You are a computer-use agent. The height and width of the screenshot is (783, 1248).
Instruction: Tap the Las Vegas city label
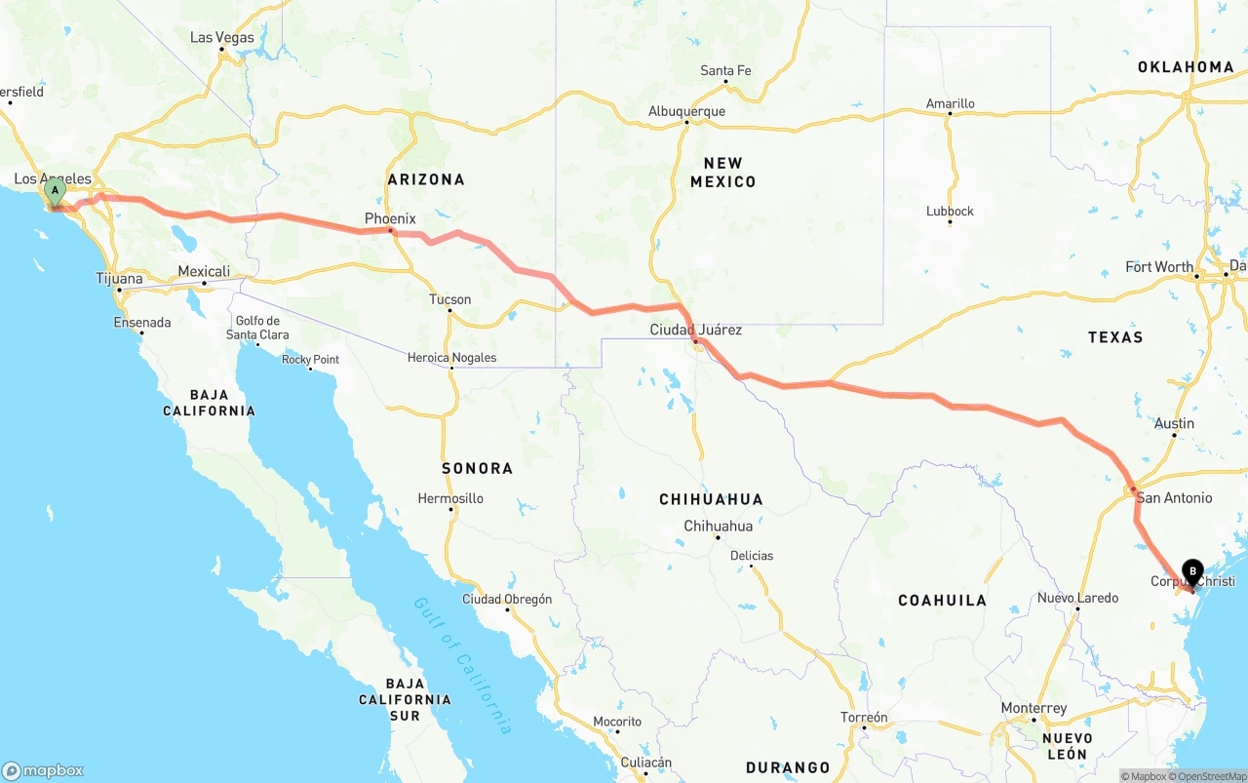(x=221, y=38)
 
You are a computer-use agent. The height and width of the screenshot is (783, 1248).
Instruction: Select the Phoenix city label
(x=390, y=218)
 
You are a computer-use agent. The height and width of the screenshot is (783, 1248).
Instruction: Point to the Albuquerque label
(x=686, y=111)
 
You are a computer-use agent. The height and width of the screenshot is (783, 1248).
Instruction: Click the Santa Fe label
(x=725, y=70)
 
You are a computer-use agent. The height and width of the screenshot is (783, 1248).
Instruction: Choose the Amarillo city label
(x=950, y=103)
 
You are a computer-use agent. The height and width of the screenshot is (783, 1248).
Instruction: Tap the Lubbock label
(x=950, y=211)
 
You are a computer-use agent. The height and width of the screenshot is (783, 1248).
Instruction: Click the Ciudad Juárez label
(x=695, y=330)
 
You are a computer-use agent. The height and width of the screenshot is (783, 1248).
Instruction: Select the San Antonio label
(x=1174, y=497)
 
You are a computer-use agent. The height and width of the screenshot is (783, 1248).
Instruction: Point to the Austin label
(x=1174, y=423)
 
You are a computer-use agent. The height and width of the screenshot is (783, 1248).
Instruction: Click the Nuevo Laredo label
(x=1077, y=597)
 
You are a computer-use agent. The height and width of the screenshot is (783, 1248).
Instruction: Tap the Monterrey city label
(x=1033, y=708)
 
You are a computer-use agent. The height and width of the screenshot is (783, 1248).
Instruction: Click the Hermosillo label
(x=450, y=498)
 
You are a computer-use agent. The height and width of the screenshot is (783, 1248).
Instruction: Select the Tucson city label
(x=449, y=299)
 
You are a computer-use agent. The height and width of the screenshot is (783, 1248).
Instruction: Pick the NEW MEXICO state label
(x=722, y=173)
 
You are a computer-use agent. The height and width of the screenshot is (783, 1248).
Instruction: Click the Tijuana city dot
(x=119, y=290)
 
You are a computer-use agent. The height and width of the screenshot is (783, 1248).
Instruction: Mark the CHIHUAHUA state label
(x=711, y=499)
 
